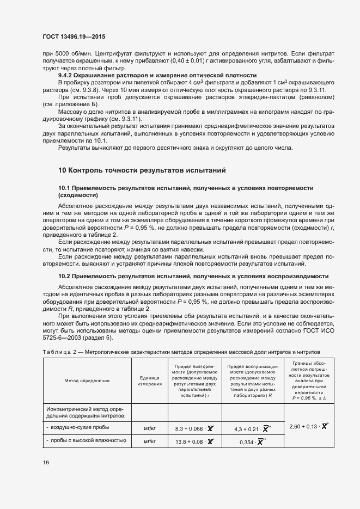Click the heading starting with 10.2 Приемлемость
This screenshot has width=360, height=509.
193,276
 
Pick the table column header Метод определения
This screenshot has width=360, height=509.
87,381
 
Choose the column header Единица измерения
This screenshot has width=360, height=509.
149,381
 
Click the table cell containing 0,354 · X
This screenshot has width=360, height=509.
251,442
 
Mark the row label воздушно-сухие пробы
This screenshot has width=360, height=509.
79,428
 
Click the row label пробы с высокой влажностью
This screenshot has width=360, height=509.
87,441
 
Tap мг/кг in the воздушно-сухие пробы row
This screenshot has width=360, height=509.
149,428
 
